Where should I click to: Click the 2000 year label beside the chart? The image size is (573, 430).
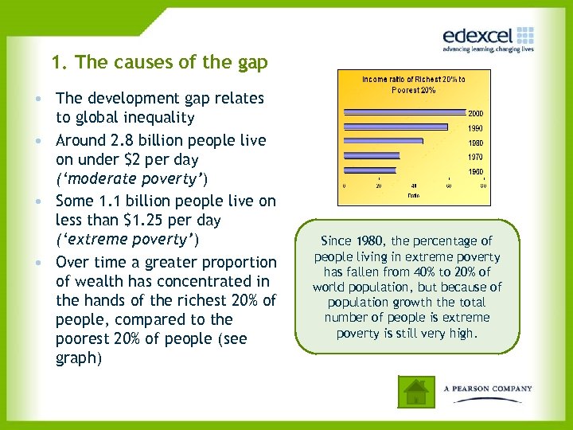pos(474,114)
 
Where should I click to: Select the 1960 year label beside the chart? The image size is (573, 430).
pos(474,171)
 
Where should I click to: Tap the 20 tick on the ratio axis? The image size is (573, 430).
pos(379,185)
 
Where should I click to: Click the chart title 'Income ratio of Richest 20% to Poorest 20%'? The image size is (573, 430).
pos(413,84)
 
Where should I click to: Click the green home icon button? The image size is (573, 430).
pos(415,390)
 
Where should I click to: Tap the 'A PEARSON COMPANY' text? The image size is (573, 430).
pos(488,389)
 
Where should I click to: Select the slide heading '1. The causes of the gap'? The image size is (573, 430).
pos(159,62)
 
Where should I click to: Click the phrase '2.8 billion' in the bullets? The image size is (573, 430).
pos(146,140)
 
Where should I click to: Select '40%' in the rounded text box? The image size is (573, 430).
pos(422,272)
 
